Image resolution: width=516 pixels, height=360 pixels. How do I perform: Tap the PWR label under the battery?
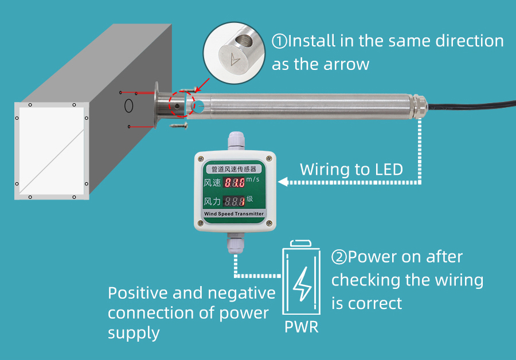[301, 327]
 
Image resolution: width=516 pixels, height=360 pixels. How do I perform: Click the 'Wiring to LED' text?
[351, 170]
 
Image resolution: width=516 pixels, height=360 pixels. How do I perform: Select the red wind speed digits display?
[234, 183]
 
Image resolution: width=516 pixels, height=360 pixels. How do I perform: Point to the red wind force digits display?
[234, 202]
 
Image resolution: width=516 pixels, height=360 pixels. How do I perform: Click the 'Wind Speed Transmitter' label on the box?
[234, 214]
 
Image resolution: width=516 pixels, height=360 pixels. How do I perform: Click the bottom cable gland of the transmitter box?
[234, 244]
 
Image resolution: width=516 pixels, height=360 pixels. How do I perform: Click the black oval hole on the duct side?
[129, 106]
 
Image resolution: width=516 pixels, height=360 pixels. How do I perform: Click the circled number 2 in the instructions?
[339, 257]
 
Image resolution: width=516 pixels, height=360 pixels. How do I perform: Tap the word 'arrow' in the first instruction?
[348, 64]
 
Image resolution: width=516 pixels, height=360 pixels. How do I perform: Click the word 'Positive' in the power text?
[137, 293]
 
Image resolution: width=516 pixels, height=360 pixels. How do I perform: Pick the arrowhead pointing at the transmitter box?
[282, 182]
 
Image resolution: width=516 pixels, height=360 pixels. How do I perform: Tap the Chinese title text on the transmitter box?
[234, 169]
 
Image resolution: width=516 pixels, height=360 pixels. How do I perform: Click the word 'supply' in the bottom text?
[134, 332]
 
